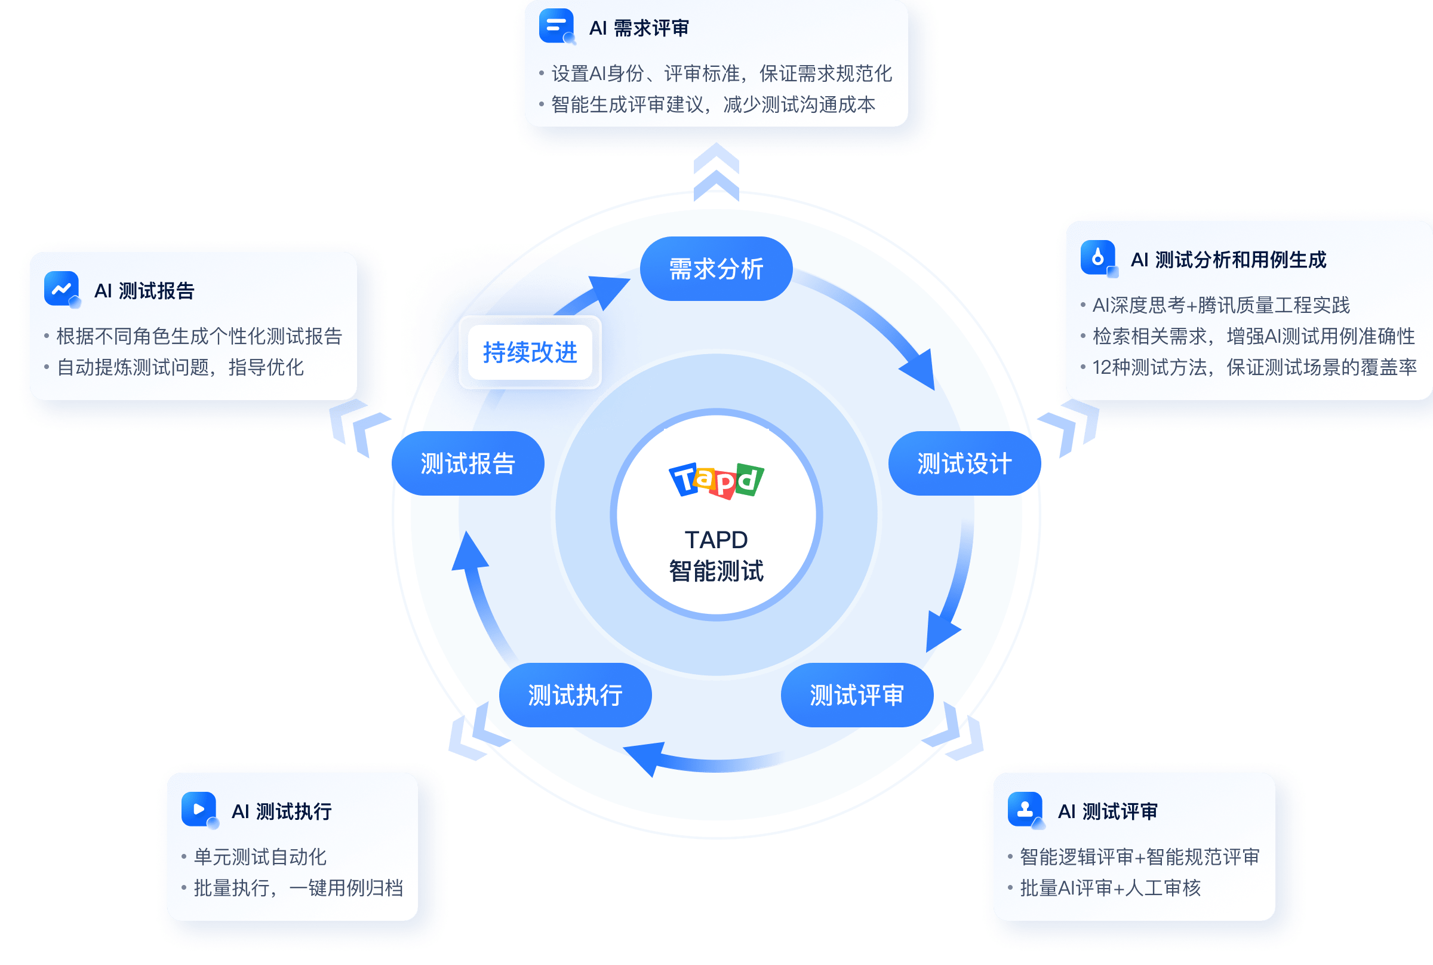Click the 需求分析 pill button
click(716, 269)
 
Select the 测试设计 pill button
click(964, 463)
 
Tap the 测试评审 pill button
click(857, 695)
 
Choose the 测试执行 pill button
click(576, 695)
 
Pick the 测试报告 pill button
click(468, 463)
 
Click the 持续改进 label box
click(530, 352)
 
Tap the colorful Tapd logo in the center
click(716, 481)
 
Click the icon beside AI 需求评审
click(557, 26)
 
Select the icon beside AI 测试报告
click(62, 289)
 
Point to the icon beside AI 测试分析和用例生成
click(1099, 259)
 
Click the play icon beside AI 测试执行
click(199, 810)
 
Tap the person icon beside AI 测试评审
click(1026, 810)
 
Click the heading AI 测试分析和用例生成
click(1228, 260)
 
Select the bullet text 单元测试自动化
click(260, 857)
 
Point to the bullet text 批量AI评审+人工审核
click(1110, 887)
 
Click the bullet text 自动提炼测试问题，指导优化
click(180, 367)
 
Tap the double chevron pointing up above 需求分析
click(716, 172)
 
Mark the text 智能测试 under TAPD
click(716, 571)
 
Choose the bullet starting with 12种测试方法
click(1254, 367)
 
